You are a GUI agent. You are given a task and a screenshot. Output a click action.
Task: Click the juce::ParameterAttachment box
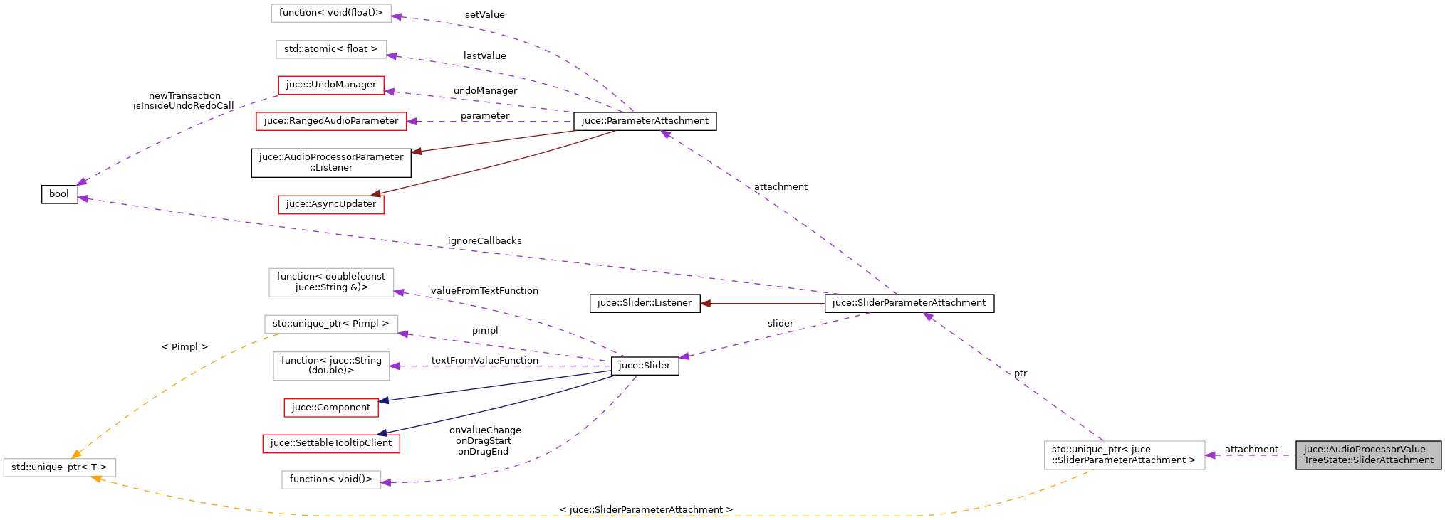pyautogui.click(x=645, y=121)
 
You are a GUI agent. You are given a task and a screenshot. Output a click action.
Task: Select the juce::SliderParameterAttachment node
pyautogui.click(x=909, y=303)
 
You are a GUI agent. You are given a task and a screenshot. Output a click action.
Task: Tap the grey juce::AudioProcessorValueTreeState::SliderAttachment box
pyautogui.click(x=1368, y=455)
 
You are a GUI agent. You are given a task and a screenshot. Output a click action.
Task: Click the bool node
pyautogui.click(x=59, y=194)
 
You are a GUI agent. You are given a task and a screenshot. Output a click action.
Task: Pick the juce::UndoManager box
pyautogui.click(x=331, y=85)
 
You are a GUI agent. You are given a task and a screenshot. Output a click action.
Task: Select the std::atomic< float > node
pyautogui.click(x=331, y=49)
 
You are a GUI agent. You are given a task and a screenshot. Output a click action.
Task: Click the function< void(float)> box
pyautogui.click(x=331, y=13)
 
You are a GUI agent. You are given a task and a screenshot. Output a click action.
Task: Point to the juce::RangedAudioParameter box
pyautogui.click(x=331, y=121)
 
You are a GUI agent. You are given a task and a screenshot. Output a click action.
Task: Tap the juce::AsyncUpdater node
pyautogui.click(x=331, y=204)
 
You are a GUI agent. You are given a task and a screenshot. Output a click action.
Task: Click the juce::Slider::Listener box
pyautogui.click(x=645, y=303)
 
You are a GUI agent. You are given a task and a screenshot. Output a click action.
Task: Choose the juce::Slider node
pyautogui.click(x=645, y=366)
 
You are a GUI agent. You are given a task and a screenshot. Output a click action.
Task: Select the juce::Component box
pyautogui.click(x=331, y=408)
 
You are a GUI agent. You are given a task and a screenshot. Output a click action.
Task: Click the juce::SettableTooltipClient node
pyautogui.click(x=331, y=443)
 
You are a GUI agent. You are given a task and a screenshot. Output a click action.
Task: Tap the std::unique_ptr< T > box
pyautogui.click(x=59, y=467)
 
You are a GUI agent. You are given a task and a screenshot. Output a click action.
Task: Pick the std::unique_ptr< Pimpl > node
pyautogui.click(x=331, y=324)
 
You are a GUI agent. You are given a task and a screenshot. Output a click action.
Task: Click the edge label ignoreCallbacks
pyautogui.click(x=484, y=241)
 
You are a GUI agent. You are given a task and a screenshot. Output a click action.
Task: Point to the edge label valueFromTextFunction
pyautogui.click(x=484, y=291)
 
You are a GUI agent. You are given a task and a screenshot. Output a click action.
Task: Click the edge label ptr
pyautogui.click(x=1021, y=373)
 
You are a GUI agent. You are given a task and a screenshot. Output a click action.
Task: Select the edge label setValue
pyautogui.click(x=484, y=15)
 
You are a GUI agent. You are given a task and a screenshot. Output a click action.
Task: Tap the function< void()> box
pyautogui.click(x=331, y=479)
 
